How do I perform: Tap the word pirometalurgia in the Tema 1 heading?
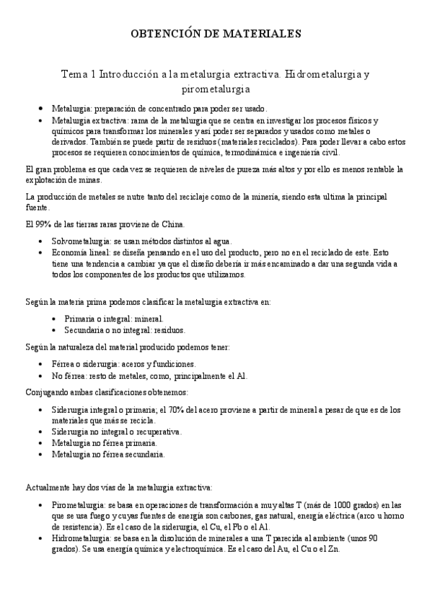[x=216, y=89]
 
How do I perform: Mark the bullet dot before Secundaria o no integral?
[x=56, y=331]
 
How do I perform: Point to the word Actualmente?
[x=49, y=488]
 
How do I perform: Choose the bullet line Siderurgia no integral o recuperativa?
[x=117, y=432]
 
